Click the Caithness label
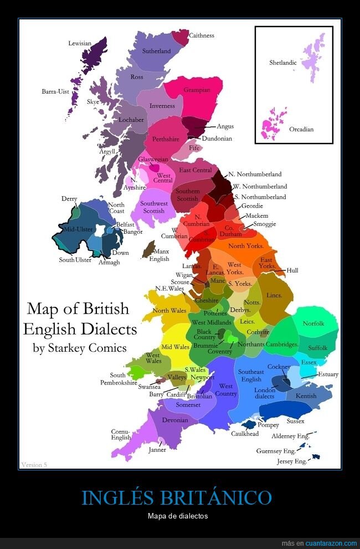click(202, 35)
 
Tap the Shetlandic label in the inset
click(283, 63)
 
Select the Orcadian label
click(301, 130)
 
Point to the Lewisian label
click(80, 43)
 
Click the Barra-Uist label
click(55, 91)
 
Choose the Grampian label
click(197, 90)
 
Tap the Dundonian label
click(217, 138)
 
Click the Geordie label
click(252, 206)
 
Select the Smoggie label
click(264, 224)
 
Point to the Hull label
click(292, 270)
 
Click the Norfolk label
click(313, 324)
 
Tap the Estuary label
click(328, 374)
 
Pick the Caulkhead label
click(245, 434)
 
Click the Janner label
click(157, 450)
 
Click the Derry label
click(69, 199)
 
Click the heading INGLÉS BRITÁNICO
click(177, 497)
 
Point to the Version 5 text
click(34, 464)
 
